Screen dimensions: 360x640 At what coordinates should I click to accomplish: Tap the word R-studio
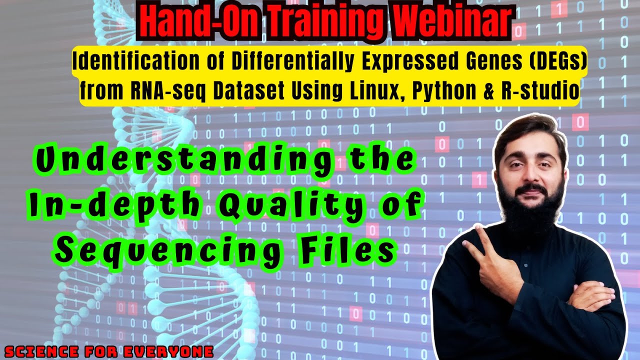(543, 91)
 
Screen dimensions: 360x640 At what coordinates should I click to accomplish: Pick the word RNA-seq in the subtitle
(166, 91)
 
